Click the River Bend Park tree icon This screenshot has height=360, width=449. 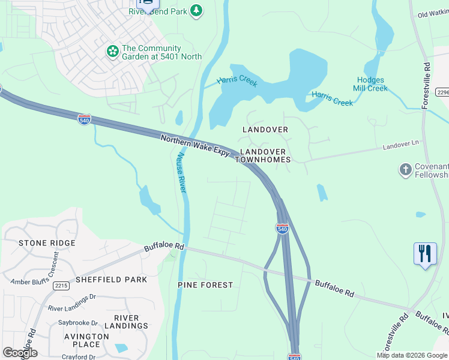196,11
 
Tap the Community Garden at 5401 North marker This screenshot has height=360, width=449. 112,52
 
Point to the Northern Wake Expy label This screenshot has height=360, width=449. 196,146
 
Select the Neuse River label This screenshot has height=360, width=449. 181,172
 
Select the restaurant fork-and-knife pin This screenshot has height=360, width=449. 425,253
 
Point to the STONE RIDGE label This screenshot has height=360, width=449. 47,243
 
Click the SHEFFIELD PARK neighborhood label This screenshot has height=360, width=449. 103,280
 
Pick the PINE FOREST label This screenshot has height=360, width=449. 205,284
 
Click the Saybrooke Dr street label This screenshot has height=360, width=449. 77,322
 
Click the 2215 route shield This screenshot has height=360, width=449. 61,286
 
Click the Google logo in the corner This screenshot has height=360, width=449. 20,353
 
